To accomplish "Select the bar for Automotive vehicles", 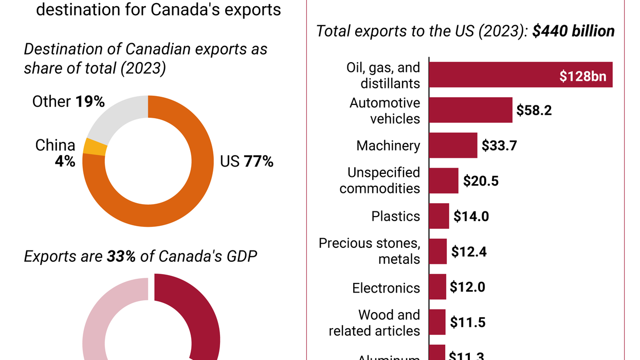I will (x=470, y=110).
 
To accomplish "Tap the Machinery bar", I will (x=453, y=146).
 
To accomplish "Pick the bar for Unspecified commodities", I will (x=443, y=181).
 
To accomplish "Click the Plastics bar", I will (x=439, y=216).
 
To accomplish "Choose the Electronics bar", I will (x=437, y=287).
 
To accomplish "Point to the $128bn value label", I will (x=583, y=76).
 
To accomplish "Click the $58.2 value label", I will (x=534, y=110).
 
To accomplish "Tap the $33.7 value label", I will (x=499, y=146).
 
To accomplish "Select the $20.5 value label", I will (x=481, y=181).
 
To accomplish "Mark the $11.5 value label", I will (x=468, y=322).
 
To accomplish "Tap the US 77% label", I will (x=247, y=161).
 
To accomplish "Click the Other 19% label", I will (x=68, y=101).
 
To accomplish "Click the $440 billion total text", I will (x=573, y=31).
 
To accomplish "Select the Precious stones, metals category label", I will (x=370, y=251).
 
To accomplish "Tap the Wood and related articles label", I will (x=374, y=322).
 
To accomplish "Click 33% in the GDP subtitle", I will (x=121, y=256).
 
